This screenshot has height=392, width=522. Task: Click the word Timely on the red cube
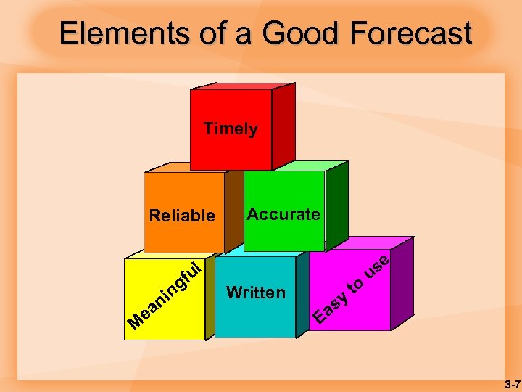click(231, 129)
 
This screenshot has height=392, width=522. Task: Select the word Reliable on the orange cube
click(181, 216)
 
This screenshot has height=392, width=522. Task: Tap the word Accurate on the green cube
click(283, 214)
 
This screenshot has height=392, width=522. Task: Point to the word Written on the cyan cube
click(255, 293)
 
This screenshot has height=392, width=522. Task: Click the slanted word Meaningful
click(164, 293)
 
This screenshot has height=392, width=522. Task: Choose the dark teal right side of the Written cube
click(302, 294)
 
